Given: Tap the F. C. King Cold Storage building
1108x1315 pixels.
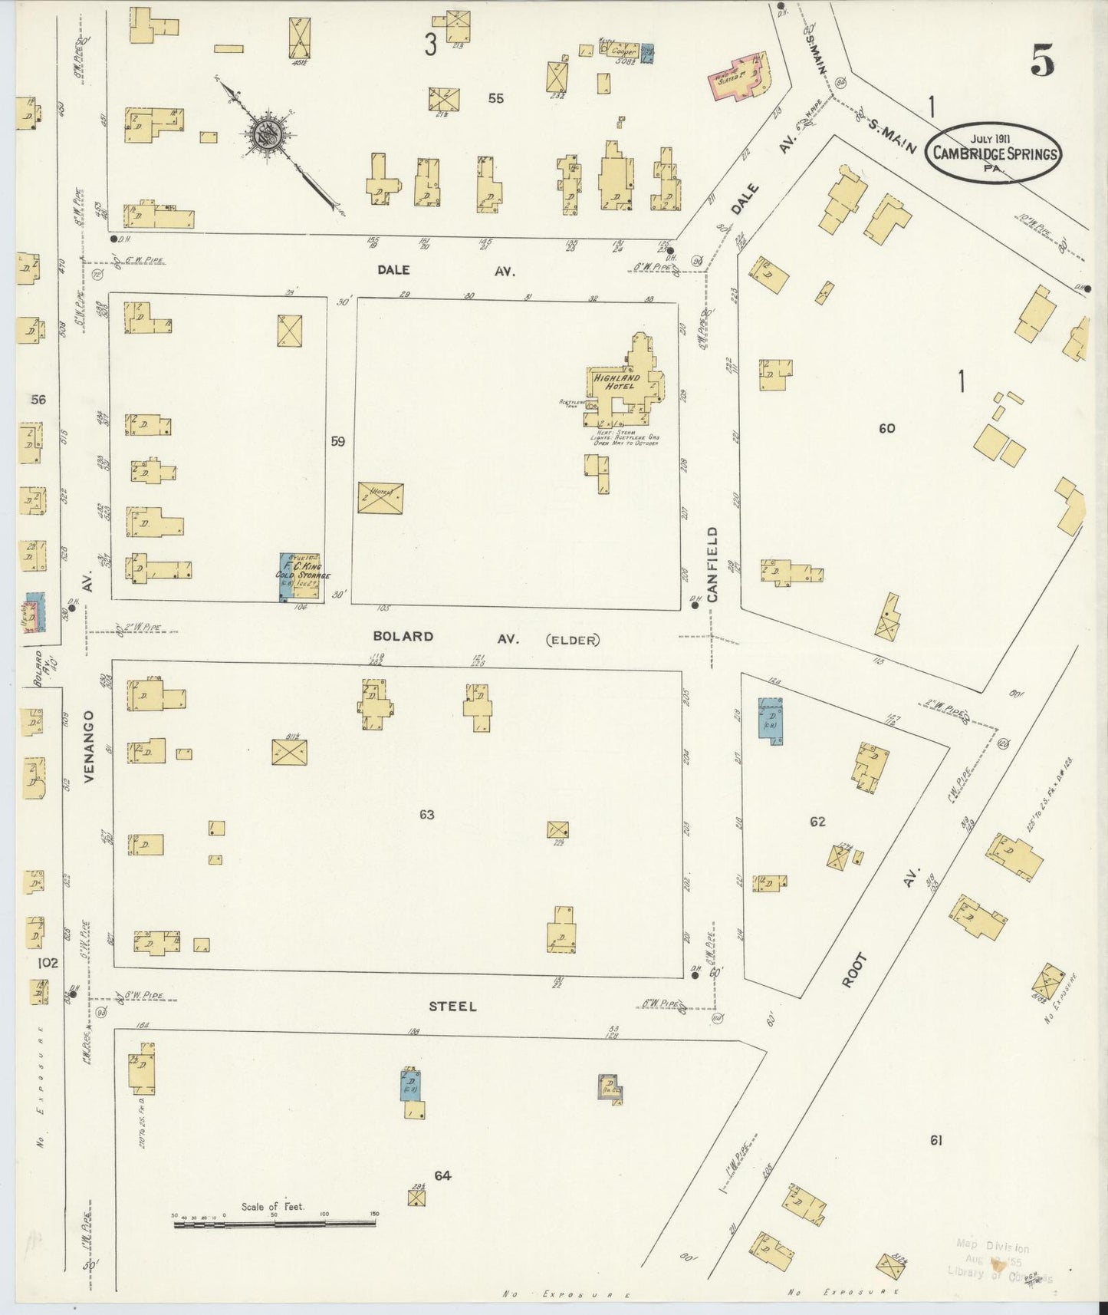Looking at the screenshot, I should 299,576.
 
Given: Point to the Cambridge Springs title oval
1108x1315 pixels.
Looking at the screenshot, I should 995,153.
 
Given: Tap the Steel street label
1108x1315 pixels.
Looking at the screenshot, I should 452,1006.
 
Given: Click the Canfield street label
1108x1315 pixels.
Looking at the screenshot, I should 712,564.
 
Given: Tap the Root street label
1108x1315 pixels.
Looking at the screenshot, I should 856,970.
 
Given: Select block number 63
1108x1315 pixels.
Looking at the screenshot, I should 426,814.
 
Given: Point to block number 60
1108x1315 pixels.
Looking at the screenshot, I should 886,428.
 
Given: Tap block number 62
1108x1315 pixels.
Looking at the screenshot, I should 817,821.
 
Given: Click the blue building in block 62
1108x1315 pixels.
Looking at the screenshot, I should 771,718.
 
